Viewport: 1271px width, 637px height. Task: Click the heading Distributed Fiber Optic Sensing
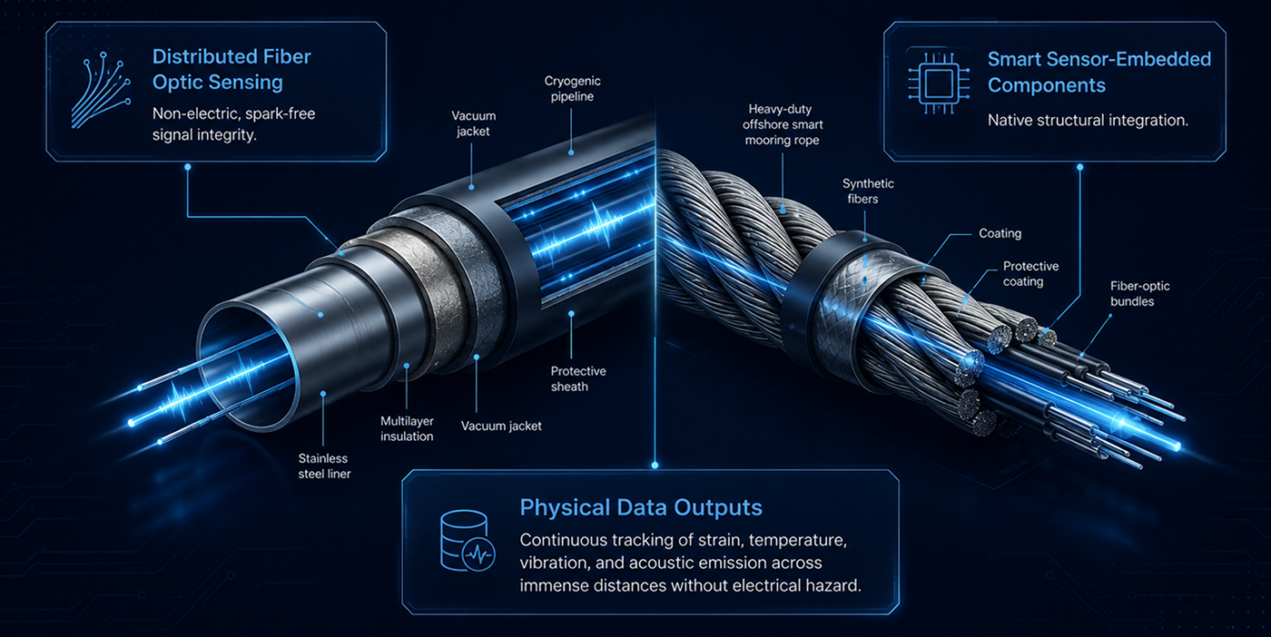[232, 69]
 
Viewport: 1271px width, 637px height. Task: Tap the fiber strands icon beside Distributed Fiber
[101, 90]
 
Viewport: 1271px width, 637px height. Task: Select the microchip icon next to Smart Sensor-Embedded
[939, 83]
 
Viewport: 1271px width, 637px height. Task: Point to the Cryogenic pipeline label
[573, 89]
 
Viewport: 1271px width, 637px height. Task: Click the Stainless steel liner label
[325, 465]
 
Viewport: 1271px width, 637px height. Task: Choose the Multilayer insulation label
[407, 428]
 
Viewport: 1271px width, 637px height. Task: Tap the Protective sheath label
[578, 378]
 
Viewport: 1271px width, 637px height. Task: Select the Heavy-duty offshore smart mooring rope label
[783, 124]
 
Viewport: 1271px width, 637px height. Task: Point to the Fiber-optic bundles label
[1139, 293]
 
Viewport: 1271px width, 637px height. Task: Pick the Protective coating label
[1030, 273]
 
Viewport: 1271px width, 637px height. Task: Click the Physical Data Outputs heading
[641, 507]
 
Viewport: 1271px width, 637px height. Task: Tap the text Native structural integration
[1088, 121]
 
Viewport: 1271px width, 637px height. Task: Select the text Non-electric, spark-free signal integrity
[234, 123]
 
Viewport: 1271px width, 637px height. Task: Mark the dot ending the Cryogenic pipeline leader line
[571, 152]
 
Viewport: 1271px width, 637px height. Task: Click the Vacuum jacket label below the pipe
[501, 426]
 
